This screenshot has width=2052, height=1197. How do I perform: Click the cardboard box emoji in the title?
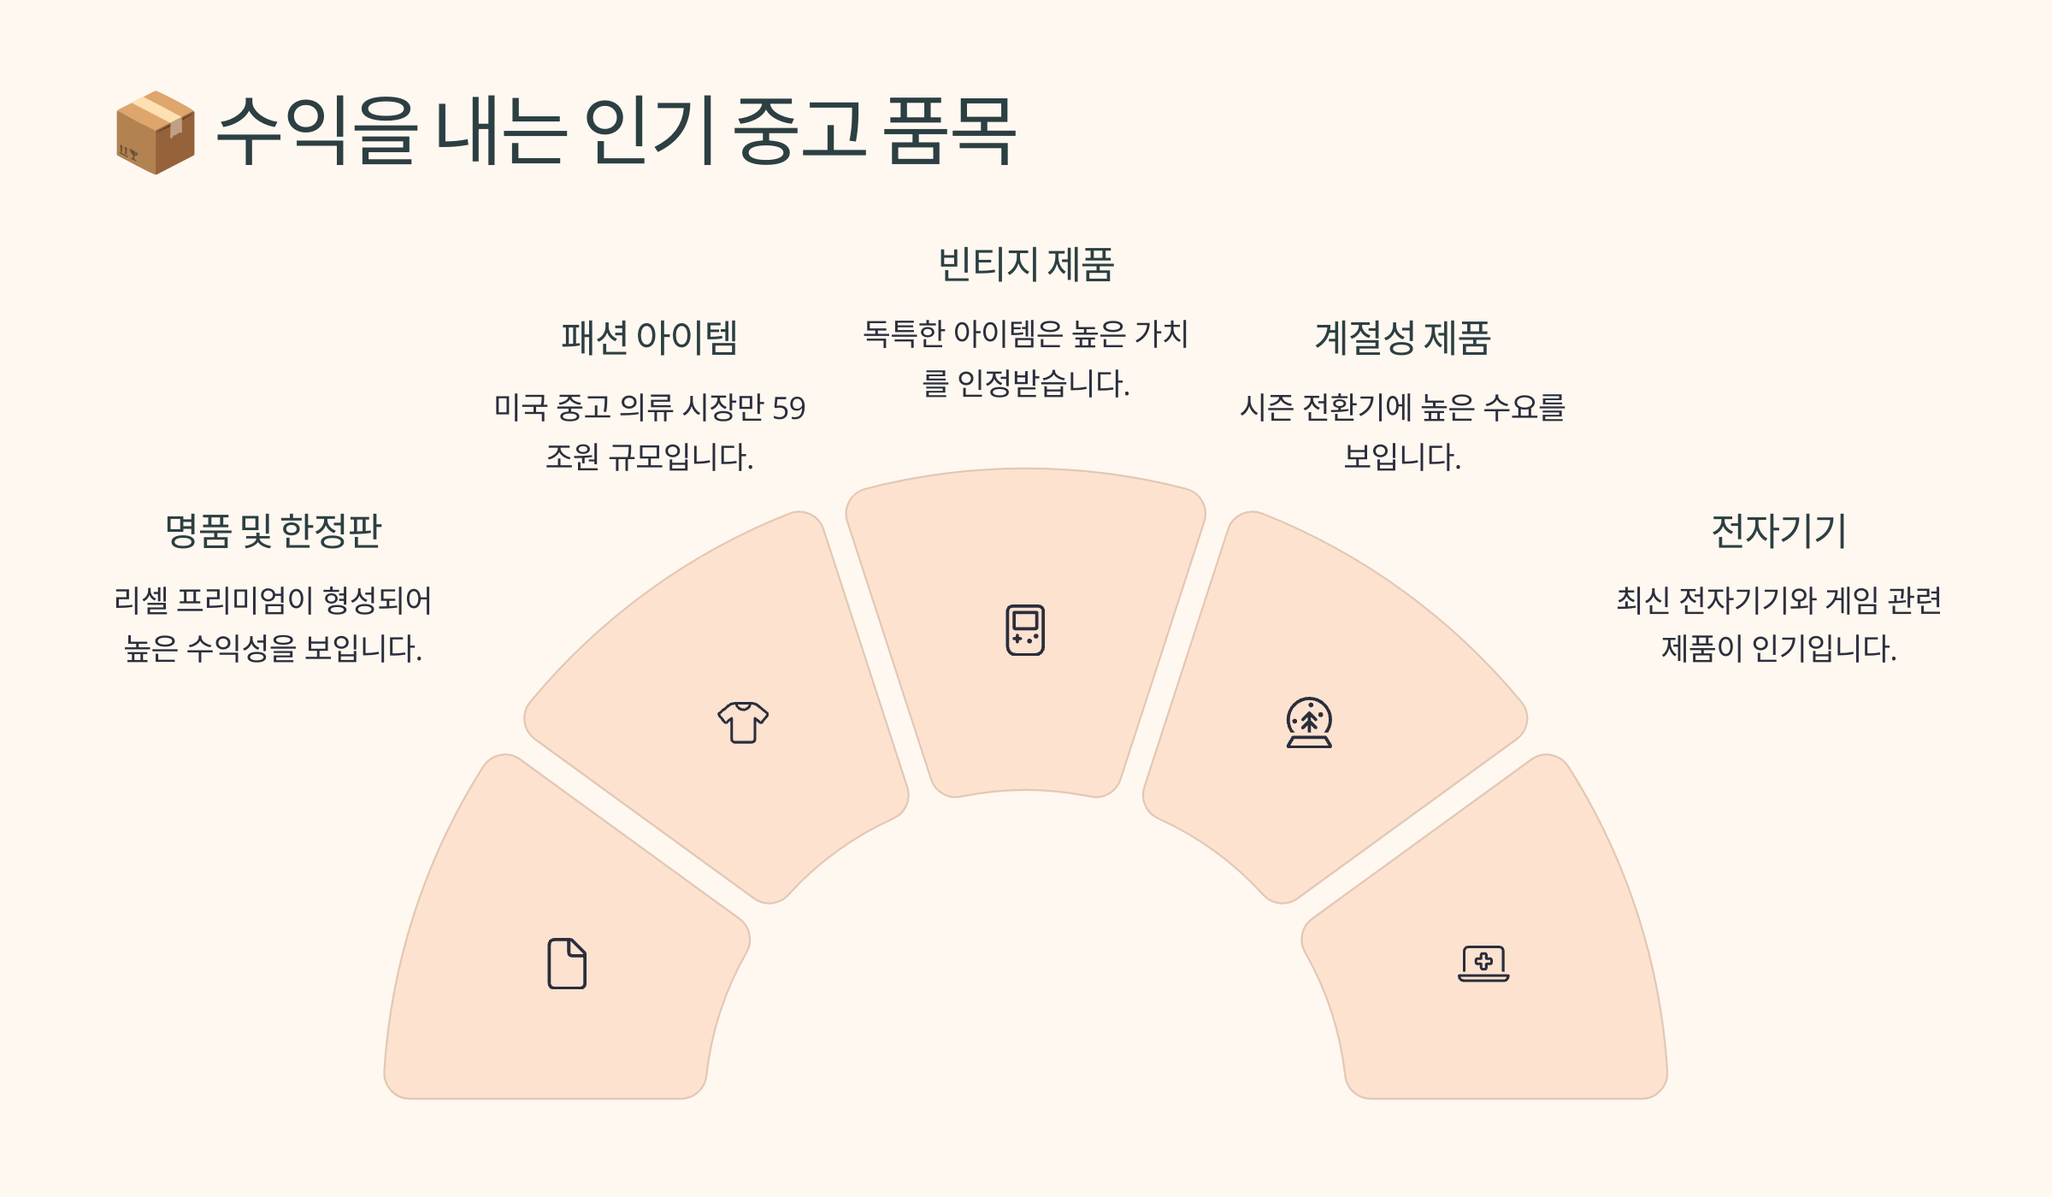click(156, 133)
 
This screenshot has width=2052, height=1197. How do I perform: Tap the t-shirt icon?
click(743, 722)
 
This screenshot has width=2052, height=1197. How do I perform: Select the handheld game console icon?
click(1025, 630)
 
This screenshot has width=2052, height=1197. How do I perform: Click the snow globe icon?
click(1309, 722)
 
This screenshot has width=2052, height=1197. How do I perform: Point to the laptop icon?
click(1483, 964)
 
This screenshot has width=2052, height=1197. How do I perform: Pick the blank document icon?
click(567, 964)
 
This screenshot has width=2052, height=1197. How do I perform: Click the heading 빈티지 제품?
click(1026, 264)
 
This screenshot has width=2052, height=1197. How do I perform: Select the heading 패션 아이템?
click(649, 338)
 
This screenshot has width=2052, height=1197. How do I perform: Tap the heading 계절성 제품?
click(1402, 338)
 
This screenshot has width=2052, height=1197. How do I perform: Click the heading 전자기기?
click(1778, 531)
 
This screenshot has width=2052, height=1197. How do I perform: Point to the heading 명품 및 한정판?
click(273, 531)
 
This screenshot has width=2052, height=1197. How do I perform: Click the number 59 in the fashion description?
click(788, 409)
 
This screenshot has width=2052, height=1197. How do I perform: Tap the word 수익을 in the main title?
click(316, 131)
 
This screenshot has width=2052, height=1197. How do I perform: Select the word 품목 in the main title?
click(949, 131)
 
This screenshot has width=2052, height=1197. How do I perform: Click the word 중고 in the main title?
click(799, 131)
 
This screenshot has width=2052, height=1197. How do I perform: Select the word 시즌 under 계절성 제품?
click(1266, 408)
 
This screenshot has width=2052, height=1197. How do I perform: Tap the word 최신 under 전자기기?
click(1642, 600)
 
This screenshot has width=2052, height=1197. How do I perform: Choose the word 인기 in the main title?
click(650, 131)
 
